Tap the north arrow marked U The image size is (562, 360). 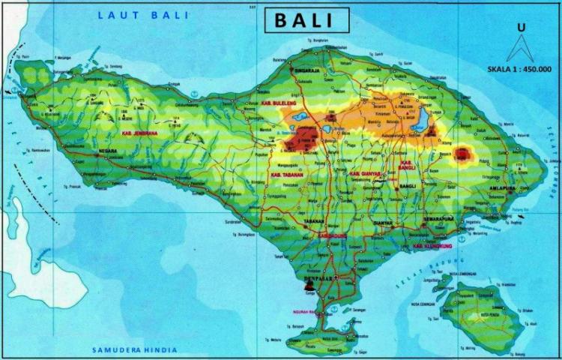pos(519,43)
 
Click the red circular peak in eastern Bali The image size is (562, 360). pos(462,155)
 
